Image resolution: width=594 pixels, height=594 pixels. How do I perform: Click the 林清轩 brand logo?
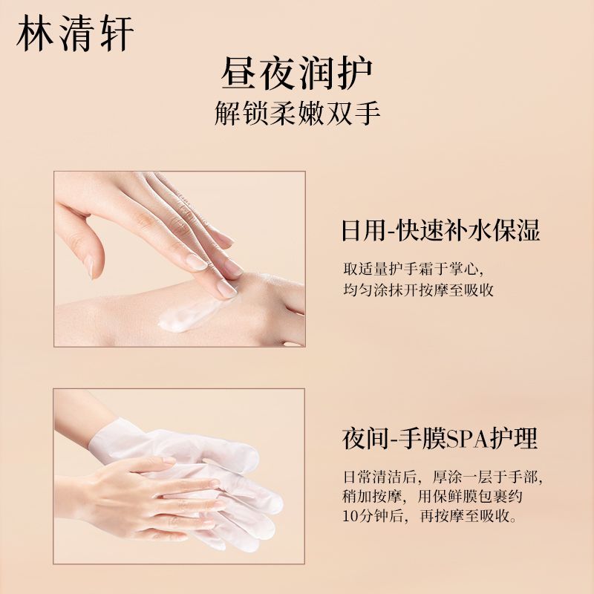tap(75, 33)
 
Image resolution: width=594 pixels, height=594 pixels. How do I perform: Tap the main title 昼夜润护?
tap(297, 74)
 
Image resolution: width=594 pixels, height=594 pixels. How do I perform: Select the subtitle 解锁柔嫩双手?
tap(298, 113)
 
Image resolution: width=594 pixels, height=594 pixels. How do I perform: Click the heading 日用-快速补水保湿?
tap(440, 230)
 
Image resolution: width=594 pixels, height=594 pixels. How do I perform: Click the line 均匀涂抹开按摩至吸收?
tap(418, 290)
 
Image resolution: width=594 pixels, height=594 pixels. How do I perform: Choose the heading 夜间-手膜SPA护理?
tap(440, 438)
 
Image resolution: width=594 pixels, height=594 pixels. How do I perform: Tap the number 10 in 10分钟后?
tap(350, 516)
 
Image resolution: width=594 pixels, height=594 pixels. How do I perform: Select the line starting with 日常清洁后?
tap(443, 477)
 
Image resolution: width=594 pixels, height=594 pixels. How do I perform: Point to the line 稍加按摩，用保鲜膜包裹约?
tap(432, 496)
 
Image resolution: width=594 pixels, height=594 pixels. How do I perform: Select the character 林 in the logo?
tap(35, 33)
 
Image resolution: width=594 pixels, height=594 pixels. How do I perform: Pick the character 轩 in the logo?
tap(117, 33)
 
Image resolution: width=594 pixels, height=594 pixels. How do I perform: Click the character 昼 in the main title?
tap(239, 74)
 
